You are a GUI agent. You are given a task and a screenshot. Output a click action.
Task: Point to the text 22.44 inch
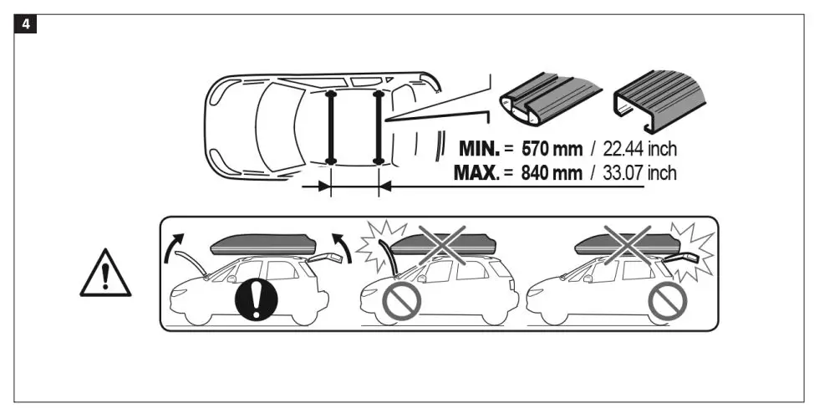point(639,150)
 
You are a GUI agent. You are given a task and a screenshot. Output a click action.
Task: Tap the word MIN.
point(479,150)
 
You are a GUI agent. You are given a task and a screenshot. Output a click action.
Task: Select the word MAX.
point(476,173)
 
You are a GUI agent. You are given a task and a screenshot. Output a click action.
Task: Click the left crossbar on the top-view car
point(331,125)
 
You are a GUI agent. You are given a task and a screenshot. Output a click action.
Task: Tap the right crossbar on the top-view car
point(379,125)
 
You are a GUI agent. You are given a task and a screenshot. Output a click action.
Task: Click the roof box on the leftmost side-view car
point(262,243)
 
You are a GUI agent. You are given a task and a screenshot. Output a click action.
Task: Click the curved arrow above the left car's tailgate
point(343,248)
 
